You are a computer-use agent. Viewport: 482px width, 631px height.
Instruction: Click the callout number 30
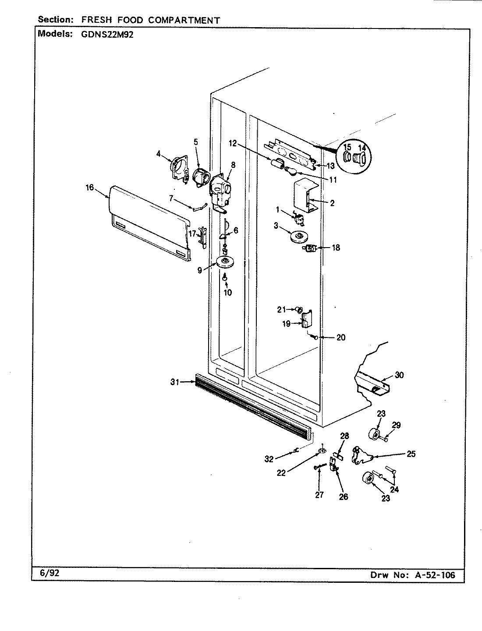(x=399, y=375)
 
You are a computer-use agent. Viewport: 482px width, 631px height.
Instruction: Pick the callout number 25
(x=411, y=454)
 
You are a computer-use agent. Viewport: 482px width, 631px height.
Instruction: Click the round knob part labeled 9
(x=226, y=262)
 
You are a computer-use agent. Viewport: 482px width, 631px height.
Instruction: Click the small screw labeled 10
(x=225, y=277)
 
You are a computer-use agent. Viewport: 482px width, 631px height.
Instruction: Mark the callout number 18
(x=336, y=248)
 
